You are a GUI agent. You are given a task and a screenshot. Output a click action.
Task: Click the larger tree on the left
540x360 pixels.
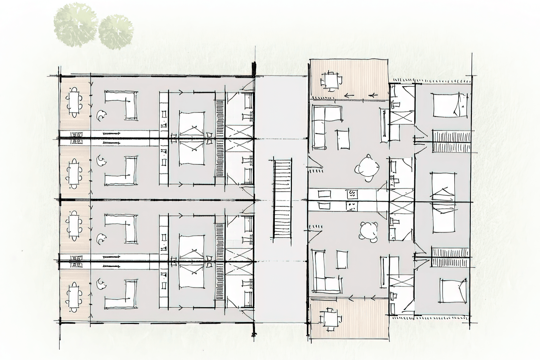(75, 25)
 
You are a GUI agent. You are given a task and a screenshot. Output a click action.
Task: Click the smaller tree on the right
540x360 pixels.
(116, 32)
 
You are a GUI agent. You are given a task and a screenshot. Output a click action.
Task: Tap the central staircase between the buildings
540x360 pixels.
(282, 199)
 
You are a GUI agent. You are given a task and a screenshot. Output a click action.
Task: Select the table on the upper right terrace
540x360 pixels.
(331, 81)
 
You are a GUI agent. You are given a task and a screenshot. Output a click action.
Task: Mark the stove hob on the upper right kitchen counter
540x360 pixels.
(352, 194)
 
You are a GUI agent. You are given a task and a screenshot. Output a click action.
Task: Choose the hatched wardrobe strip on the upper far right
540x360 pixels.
(451, 141)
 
